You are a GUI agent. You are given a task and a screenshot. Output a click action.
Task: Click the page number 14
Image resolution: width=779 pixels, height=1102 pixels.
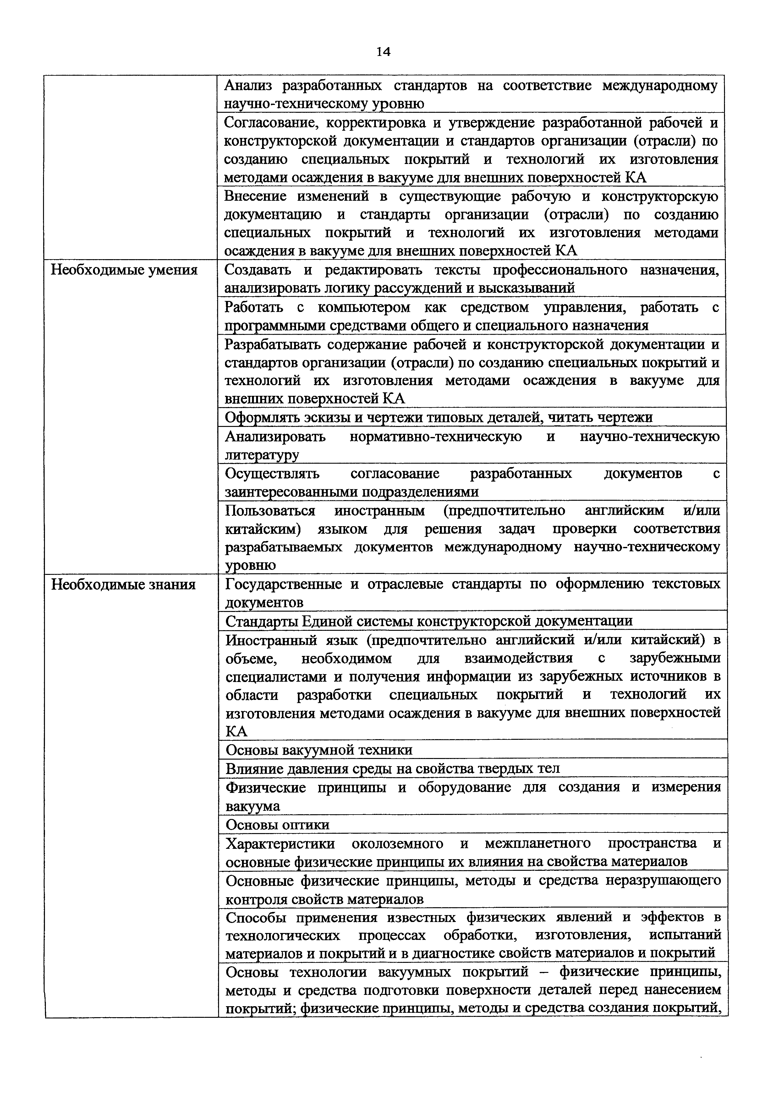tap(383, 52)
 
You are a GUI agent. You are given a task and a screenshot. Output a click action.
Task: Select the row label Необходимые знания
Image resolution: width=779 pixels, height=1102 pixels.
tap(123, 585)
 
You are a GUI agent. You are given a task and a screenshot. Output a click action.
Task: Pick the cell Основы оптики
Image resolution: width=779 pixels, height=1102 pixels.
tap(277, 825)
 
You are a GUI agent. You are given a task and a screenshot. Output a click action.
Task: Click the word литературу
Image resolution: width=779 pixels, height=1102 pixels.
tap(261, 455)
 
